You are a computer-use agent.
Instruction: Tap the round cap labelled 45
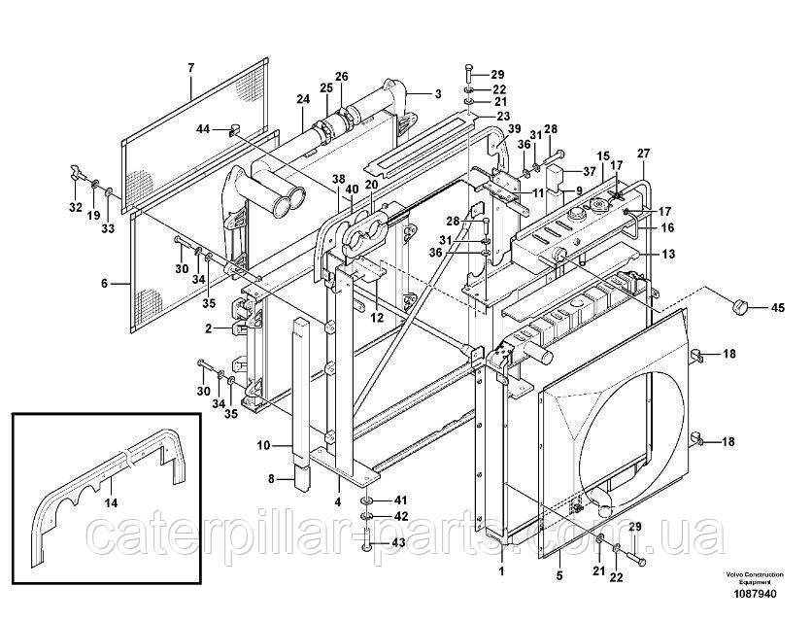click(741, 308)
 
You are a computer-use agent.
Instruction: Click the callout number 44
click(203, 128)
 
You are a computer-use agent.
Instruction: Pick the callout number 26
click(341, 76)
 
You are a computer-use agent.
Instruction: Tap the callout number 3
click(438, 93)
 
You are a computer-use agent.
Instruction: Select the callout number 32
click(75, 206)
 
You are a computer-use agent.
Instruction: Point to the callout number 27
click(642, 153)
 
